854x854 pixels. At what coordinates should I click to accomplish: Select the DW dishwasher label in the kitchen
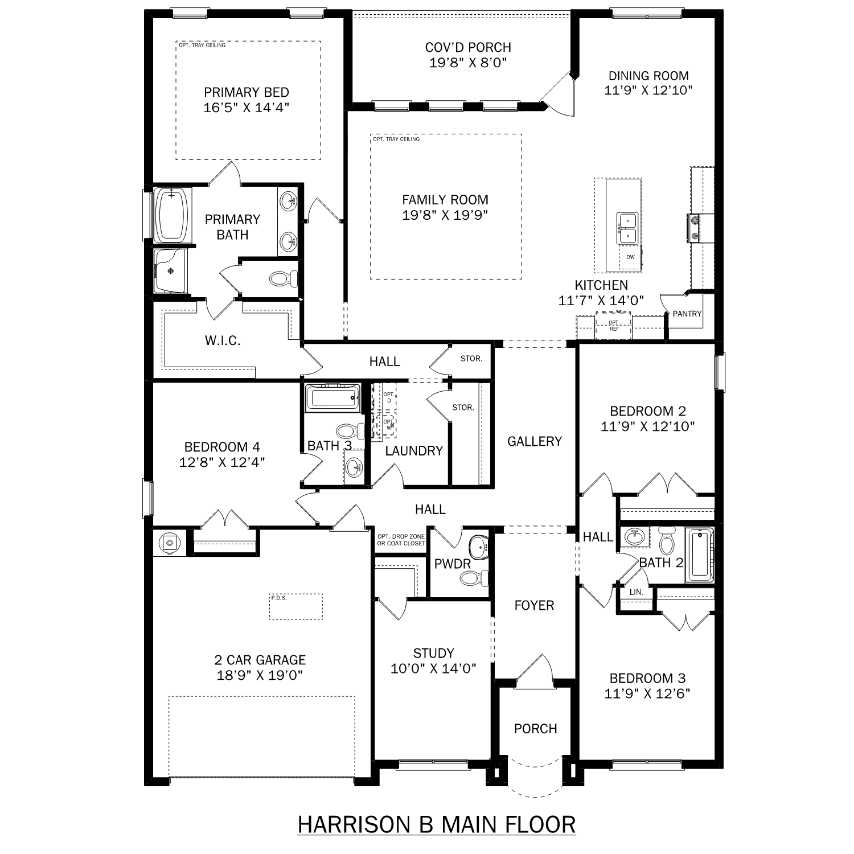pos(630,257)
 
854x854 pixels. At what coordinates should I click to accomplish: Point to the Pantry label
pos(687,314)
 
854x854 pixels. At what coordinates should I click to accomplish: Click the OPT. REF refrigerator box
pos(613,326)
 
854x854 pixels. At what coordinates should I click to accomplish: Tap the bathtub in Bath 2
pos(699,555)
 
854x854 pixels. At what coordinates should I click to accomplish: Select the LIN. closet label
pos(636,592)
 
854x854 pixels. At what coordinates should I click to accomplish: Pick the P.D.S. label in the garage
pos(279,598)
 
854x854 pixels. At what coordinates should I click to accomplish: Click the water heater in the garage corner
pos(169,543)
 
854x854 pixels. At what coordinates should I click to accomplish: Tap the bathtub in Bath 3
pos(333,397)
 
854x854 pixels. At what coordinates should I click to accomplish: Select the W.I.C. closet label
pos(223,340)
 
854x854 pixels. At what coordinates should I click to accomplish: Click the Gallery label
pos(534,441)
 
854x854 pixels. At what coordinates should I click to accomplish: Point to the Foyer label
pos(534,605)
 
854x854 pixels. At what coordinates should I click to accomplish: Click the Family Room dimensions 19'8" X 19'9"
pos(445,215)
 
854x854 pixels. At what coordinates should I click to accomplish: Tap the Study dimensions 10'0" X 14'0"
pos(433,668)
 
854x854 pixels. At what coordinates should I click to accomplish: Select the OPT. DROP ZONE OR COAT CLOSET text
pos(401,540)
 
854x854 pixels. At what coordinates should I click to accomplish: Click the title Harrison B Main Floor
pos(436,824)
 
